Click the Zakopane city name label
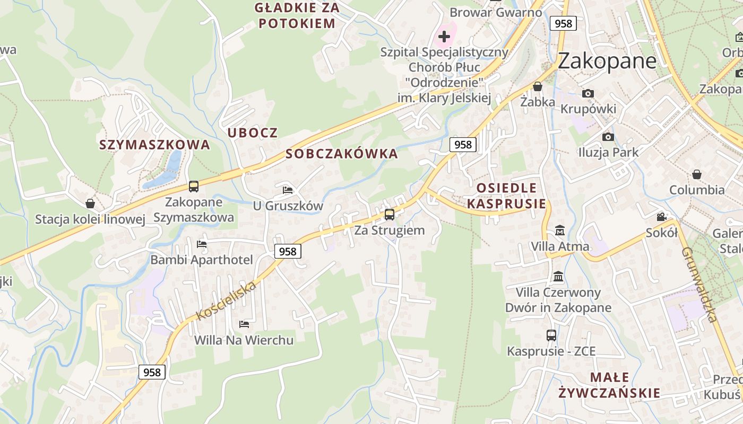click(607, 61)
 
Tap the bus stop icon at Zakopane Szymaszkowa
click(194, 187)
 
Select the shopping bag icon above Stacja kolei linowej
click(90, 204)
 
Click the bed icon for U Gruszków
click(288, 190)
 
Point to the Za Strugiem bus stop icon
click(390, 215)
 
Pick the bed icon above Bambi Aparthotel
click(202, 244)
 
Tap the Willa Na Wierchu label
click(244, 340)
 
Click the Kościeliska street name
click(226, 301)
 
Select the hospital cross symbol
click(444, 37)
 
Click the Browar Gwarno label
click(496, 12)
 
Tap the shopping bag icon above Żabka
click(538, 86)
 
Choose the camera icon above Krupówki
click(588, 94)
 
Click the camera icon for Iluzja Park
click(608, 137)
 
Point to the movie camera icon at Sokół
click(661, 217)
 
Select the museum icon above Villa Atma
click(560, 231)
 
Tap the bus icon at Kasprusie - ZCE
click(551, 335)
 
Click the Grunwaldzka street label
click(699, 284)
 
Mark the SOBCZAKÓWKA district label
click(341, 154)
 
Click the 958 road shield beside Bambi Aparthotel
click(288, 251)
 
